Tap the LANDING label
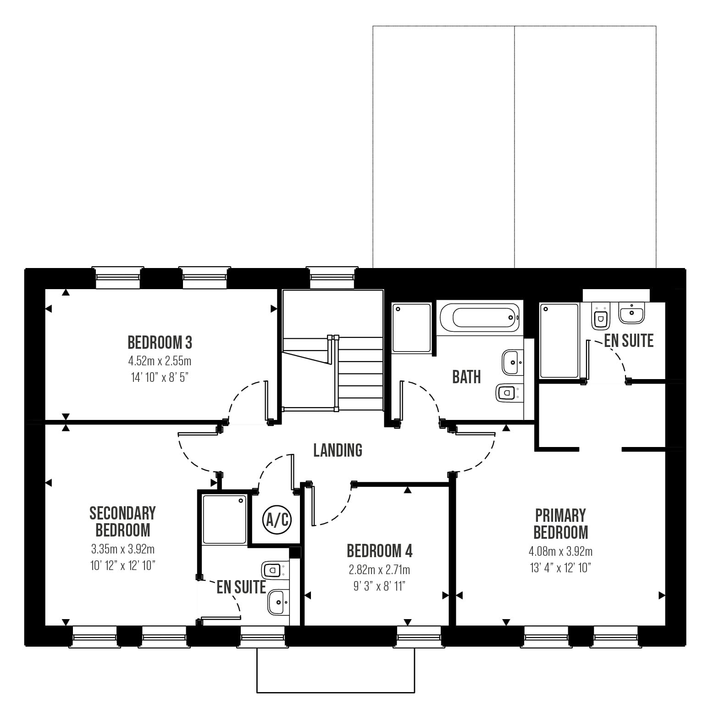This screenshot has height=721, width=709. [338, 450]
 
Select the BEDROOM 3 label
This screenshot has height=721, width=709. [160, 342]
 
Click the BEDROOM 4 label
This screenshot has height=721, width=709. [380, 551]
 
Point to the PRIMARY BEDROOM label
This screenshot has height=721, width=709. [560, 524]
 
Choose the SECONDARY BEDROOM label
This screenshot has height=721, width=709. [122, 521]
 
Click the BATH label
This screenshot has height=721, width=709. [466, 377]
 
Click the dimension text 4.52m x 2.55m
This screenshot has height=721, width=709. [160, 361]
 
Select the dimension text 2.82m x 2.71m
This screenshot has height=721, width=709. [380, 570]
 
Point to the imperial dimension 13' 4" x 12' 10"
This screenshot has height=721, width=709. [560, 568]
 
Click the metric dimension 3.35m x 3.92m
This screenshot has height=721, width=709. [122, 549]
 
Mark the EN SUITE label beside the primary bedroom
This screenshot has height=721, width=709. [629, 341]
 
